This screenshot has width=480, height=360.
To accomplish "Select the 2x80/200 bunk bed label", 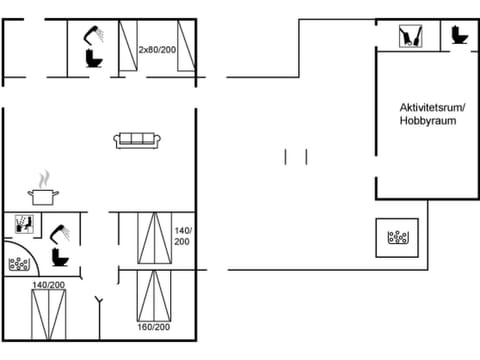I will coord(157,48).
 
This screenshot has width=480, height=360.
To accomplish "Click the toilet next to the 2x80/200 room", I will coord(96,59).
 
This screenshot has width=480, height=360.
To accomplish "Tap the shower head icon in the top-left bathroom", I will coord(96,35).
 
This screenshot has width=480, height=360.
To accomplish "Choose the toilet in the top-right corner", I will coord(459,36).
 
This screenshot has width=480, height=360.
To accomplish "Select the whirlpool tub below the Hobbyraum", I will coord(399,238).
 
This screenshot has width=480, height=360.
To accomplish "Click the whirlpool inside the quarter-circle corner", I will coord(18,265).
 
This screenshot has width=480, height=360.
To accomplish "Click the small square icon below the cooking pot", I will coord(26,224).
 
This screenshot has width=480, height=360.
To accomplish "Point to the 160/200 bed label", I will coord(153,327).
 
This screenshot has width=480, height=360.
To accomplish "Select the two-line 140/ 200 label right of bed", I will coord(182,236).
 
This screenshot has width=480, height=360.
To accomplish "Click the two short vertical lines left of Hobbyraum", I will coord(295,156).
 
